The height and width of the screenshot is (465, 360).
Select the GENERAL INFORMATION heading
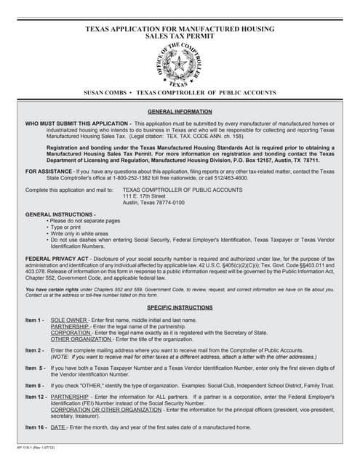pyautogui.click(x=180, y=112)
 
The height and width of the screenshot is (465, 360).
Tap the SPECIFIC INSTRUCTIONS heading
pyautogui.click(x=180, y=308)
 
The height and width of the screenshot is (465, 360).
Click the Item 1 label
pyautogui.click(x=35, y=320)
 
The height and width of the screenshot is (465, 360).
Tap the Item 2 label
pyautogui.click(x=35, y=350)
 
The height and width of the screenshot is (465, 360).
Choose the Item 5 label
pyautogui.click(x=35, y=368)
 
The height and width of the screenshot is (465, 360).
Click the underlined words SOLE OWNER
pyautogui.click(x=70, y=320)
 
